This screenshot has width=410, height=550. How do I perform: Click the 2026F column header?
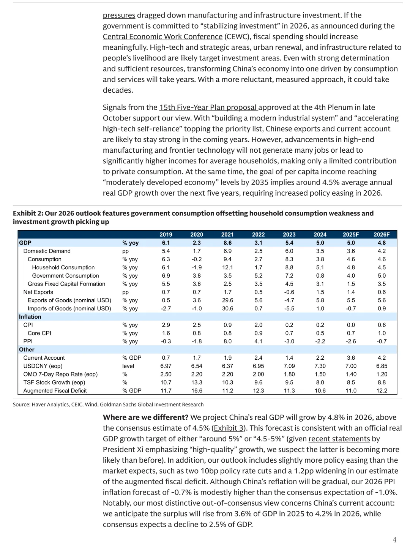pyautogui.click(x=382, y=234)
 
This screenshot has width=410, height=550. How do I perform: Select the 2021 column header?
pyautogui.click(x=227, y=234)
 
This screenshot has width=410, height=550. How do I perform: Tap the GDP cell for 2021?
pyautogui.click(x=227, y=243)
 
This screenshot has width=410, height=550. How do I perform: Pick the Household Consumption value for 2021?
pyautogui.click(x=227, y=267)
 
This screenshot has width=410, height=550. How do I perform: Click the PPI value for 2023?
pyautogui.click(x=289, y=341)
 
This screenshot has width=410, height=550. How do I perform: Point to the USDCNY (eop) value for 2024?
pyautogui.click(x=320, y=366)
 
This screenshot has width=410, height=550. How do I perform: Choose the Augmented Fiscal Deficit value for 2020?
pyautogui.click(x=197, y=390)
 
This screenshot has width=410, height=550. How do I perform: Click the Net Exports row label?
pyautogui.click(x=38, y=292)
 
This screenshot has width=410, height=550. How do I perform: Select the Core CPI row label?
pyautogui.click(x=39, y=333)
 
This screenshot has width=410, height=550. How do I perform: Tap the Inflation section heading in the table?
pyautogui.click(x=30, y=317)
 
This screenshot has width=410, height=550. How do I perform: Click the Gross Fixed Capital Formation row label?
pyautogui.click(x=66, y=284)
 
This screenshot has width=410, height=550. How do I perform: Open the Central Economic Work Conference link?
pyautogui.click(x=162, y=37)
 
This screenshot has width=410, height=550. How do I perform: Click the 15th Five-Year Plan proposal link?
pyautogui.click(x=208, y=107)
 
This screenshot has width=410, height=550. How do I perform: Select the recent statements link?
pyautogui.click(x=339, y=439)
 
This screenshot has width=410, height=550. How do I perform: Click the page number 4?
pyautogui.click(x=394, y=540)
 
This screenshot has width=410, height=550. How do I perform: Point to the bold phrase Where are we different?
pyautogui.click(x=145, y=417)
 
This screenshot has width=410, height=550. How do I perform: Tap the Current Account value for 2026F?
pyautogui.click(x=382, y=358)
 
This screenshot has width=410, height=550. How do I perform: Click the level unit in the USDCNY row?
pyautogui.click(x=128, y=366)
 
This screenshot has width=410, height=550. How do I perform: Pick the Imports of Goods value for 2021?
pyautogui.click(x=227, y=308)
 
